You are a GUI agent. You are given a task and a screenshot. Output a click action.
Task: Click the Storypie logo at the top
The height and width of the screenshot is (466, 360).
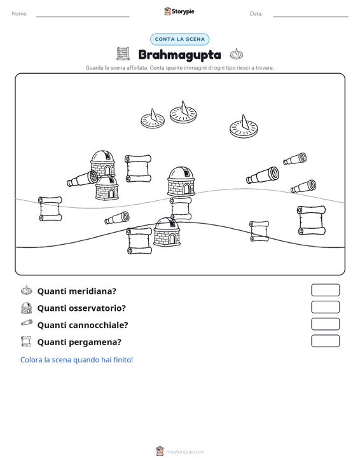click(179, 11)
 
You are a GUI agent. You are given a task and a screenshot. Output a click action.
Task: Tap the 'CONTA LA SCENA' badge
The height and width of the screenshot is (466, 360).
click(180, 39)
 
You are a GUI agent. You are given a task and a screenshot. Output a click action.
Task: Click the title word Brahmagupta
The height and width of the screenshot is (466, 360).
click(180, 55)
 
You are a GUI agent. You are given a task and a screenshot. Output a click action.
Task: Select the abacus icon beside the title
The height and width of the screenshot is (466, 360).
click(123, 54)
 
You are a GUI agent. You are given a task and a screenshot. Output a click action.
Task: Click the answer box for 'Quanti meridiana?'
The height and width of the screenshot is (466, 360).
click(325, 290)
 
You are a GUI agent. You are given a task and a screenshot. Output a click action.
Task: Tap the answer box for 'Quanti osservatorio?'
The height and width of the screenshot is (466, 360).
click(325, 307)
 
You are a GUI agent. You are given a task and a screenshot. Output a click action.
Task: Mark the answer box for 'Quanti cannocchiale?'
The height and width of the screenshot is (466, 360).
click(325, 324)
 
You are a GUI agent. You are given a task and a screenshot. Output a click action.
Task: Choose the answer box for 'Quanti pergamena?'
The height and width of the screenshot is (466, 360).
click(325, 341)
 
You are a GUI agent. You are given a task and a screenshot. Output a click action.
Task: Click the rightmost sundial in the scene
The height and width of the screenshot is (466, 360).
click(244, 127)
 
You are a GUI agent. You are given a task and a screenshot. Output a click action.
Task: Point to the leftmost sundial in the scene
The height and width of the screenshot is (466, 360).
click(153, 119)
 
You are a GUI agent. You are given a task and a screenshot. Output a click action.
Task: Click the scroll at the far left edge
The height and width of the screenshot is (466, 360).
click(50, 209)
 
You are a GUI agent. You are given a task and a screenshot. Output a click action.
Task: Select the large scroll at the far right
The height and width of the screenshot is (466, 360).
click(312, 220)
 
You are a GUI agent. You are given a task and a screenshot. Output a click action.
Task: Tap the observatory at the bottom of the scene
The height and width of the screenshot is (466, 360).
click(167, 232)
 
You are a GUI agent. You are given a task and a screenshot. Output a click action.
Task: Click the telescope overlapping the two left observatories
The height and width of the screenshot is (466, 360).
click(82, 179)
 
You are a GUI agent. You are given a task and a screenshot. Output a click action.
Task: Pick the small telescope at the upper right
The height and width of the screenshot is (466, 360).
click(295, 159)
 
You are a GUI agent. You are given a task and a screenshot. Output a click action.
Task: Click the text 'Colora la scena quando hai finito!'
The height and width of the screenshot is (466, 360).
click(76, 360)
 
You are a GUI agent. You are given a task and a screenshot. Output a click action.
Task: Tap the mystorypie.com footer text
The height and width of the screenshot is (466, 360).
click(185, 452)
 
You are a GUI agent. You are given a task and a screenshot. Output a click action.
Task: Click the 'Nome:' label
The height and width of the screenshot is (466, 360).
click(20, 14)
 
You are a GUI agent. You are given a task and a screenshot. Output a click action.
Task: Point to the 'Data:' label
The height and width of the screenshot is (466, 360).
click(256, 14)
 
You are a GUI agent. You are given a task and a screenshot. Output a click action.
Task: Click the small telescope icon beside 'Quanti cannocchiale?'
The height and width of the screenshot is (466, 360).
click(27, 323)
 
